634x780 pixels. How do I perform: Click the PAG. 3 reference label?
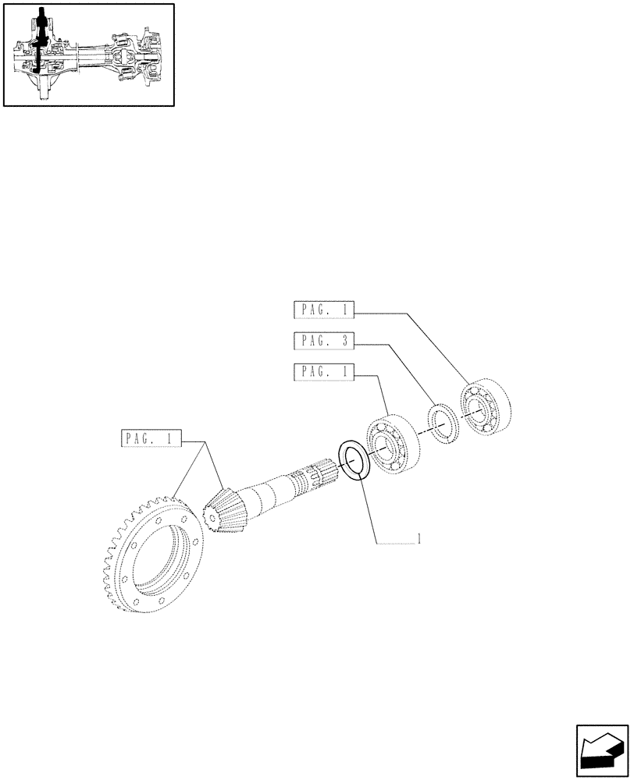tap(324, 341)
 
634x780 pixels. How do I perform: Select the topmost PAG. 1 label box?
tap(324, 310)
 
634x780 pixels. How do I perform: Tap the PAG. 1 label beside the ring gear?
tap(151, 438)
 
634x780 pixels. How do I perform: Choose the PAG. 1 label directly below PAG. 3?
tap(324, 372)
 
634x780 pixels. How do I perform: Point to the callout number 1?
tap(420, 539)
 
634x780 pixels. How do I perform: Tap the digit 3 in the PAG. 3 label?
tap(344, 341)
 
